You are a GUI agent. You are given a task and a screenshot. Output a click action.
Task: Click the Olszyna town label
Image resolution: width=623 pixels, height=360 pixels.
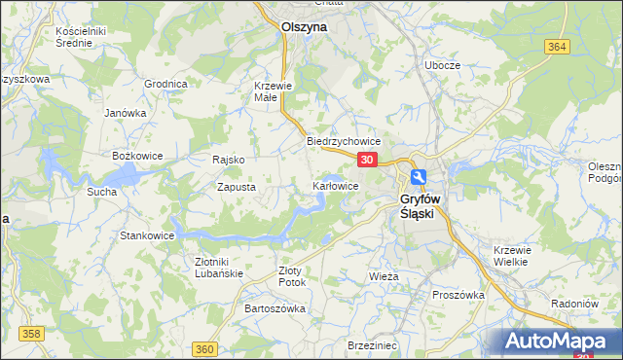point(304,28)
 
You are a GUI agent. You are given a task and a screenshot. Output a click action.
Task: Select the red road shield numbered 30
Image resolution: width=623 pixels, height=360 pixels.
point(367,159)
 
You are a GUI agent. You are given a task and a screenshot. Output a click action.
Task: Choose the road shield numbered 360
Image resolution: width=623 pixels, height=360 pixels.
point(204,349)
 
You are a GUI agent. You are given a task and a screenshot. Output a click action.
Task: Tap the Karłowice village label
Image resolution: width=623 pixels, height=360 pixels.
point(336,185)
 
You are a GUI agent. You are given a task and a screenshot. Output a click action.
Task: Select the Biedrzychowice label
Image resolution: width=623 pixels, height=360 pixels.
point(343,140)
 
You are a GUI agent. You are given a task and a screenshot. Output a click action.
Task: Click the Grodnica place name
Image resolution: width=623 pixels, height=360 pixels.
point(165,84)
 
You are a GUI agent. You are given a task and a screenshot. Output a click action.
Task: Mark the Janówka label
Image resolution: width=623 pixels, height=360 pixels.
point(126,112)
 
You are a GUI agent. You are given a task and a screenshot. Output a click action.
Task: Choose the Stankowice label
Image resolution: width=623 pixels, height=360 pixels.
point(147,235)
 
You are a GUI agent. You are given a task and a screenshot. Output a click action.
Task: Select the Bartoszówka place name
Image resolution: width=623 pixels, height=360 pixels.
point(275,308)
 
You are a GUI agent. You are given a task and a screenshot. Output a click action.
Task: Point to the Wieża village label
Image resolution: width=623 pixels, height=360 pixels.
point(385,276)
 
